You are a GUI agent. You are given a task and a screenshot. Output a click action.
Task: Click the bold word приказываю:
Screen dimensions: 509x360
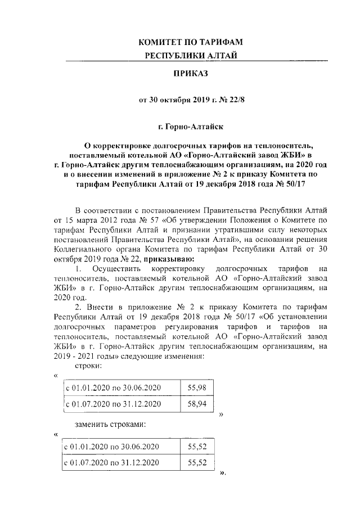click(168, 259)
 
